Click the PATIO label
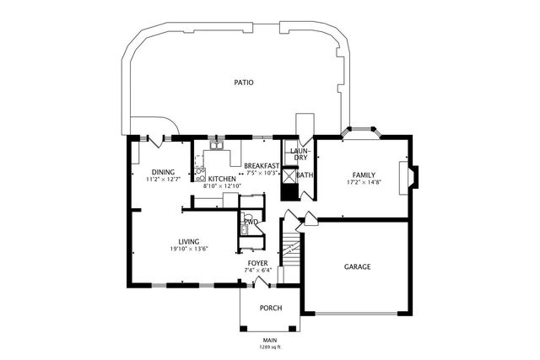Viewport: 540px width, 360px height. coord(244,83)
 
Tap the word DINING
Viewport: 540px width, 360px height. coord(163,172)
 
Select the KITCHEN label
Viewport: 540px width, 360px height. coord(222,179)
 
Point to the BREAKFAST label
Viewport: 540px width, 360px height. coord(262,166)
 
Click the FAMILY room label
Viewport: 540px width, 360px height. coord(364,175)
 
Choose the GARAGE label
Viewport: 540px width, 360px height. coord(358,266)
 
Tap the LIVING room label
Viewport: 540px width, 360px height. coord(189,242)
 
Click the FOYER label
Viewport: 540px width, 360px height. coord(257,263)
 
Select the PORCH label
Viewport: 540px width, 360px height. coord(271,308)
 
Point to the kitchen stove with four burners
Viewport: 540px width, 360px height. coord(200,175)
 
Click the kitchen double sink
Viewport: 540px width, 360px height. coord(217,146)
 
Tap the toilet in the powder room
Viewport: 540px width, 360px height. coord(246,218)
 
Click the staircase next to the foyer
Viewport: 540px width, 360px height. coord(291,250)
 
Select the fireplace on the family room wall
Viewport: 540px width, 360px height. coord(408,178)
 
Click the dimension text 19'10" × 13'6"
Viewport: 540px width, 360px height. coord(189,249)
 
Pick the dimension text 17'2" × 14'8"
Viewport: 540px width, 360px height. coord(364,182)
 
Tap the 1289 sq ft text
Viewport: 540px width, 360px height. coord(270,347)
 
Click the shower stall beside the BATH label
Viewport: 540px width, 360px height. coord(289,175)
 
